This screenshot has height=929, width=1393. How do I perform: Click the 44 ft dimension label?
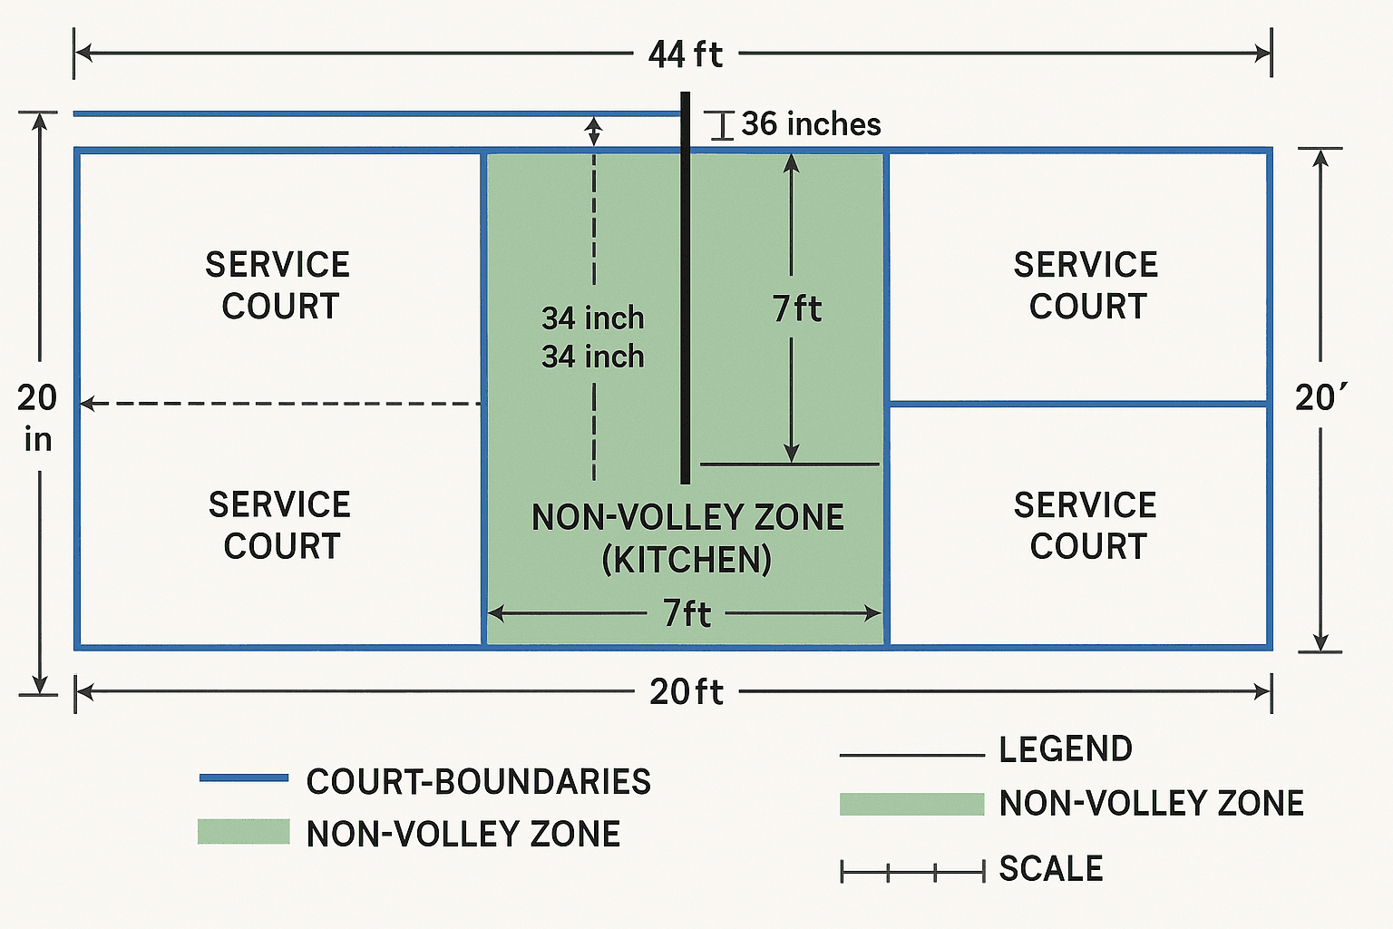click(x=686, y=54)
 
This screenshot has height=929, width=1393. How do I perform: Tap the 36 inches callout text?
click(x=811, y=124)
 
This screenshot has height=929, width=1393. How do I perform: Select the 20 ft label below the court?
click(x=687, y=692)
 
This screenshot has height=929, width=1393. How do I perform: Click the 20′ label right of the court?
click(x=1320, y=398)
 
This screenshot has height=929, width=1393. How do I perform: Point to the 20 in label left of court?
click(x=37, y=417)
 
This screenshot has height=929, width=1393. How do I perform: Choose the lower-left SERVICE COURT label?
click(x=280, y=525)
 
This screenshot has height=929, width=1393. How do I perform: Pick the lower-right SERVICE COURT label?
click(x=1086, y=525)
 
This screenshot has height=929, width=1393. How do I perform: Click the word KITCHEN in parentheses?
click(x=687, y=560)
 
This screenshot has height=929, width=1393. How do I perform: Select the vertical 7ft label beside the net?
click(x=797, y=308)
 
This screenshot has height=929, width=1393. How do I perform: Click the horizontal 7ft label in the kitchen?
click(x=687, y=614)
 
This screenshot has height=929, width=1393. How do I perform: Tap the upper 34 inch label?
click(x=593, y=318)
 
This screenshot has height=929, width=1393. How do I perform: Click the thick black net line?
click(x=686, y=290)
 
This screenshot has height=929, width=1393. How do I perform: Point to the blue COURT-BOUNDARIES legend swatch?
click(x=243, y=778)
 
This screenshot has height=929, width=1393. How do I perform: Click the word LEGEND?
click(x=1066, y=749)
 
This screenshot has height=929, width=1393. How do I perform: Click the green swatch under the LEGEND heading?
click(x=911, y=804)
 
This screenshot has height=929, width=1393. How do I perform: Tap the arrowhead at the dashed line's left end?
click(x=87, y=404)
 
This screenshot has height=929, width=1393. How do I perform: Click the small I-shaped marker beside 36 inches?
click(x=722, y=125)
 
